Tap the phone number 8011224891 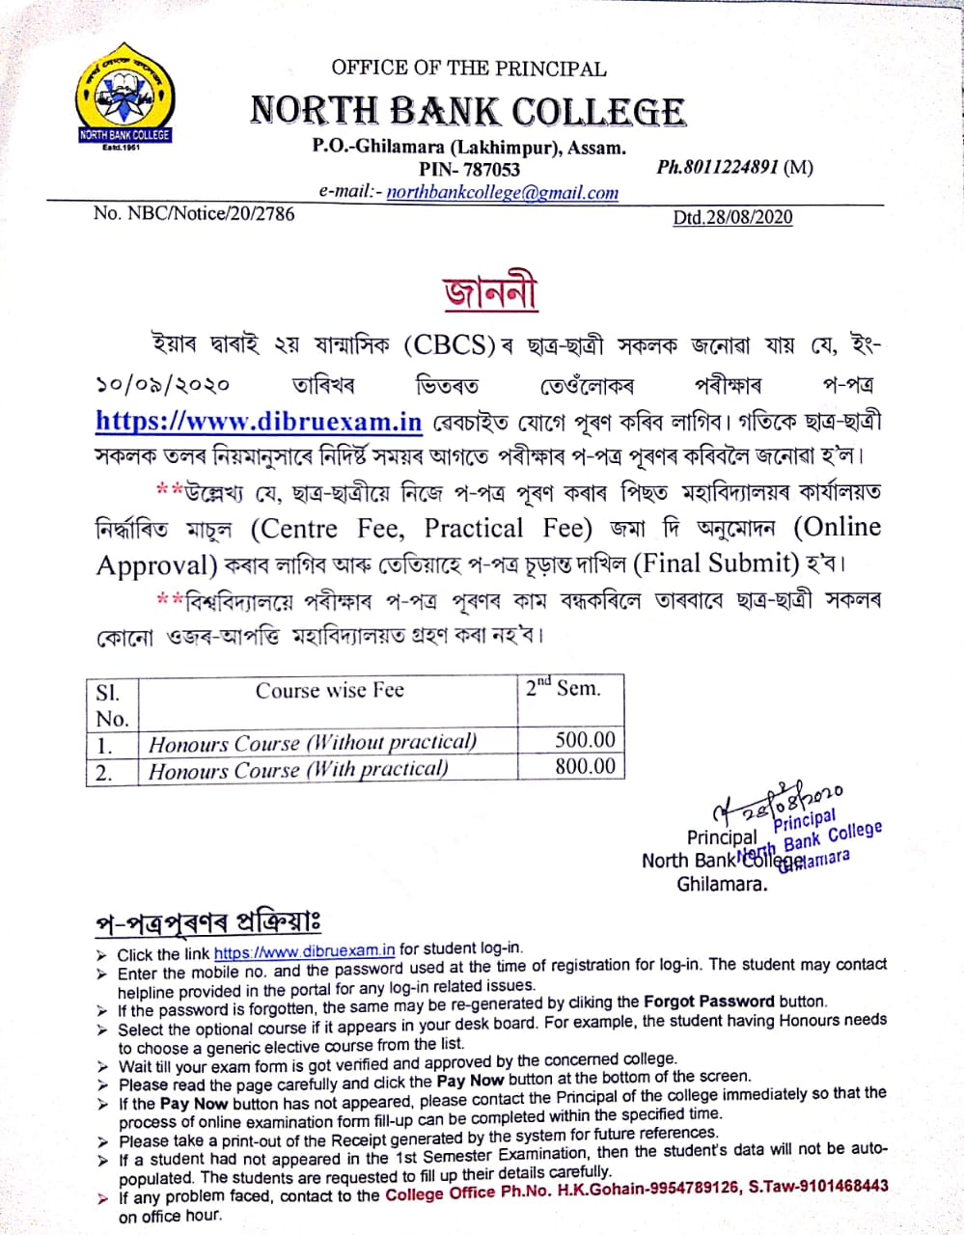click(x=731, y=167)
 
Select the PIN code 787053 click(x=483, y=170)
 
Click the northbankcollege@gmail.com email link click(x=503, y=192)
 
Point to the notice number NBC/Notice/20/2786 click(x=194, y=213)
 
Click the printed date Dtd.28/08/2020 click(x=732, y=217)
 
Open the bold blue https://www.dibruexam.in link click(x=260, y=422)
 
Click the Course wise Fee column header click(x=329, y=691)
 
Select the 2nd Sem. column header click(x=564, y=689)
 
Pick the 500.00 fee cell click(x=585, y=740)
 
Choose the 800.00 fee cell click(x=585, y=766)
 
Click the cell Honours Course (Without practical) click(x=313, y=742)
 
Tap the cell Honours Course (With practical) click(x=298, y=769)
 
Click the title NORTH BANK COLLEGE click(x=468, y=112)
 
